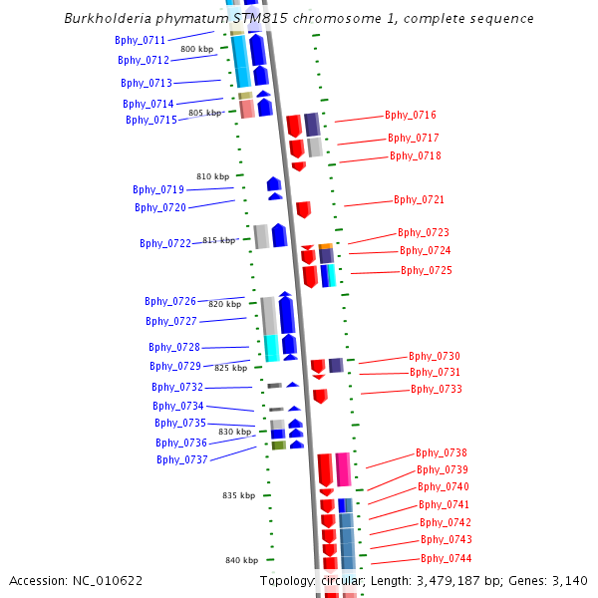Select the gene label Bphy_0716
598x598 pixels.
[x=411, y=116]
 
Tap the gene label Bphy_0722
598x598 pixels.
[x=165, y=243]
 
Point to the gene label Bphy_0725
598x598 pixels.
[x=427, y=271]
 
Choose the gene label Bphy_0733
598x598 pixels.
[x=437, y=389]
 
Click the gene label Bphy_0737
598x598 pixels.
[x=182, y=459]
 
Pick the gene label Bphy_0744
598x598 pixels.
[x=447, y=558]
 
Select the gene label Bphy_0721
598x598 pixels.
[x=419, y=200]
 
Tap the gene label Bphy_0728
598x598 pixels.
[x=174, y=347]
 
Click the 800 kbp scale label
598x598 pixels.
[x=196, y=49]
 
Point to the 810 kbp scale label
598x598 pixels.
[x=213, y=176]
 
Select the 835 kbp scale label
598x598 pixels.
[x=239, y=495]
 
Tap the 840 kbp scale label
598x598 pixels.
[x=242, y=560]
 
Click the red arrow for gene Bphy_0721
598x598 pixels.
[x=303, y=209]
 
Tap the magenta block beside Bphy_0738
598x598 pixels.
[x=343, y=468]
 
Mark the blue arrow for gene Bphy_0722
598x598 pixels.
[x=279, y=235]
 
